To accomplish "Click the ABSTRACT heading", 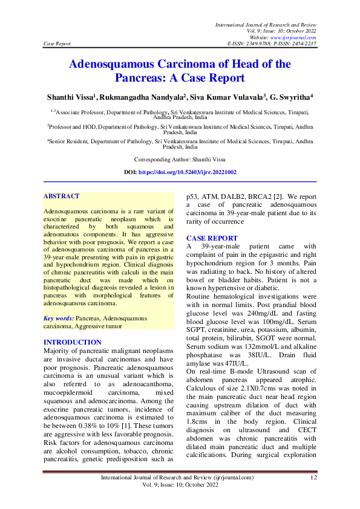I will coord(62,196).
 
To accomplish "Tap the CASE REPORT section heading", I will coord(212,239).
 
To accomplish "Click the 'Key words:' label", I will coord(59,318).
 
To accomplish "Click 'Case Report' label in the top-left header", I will coord(57,44).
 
